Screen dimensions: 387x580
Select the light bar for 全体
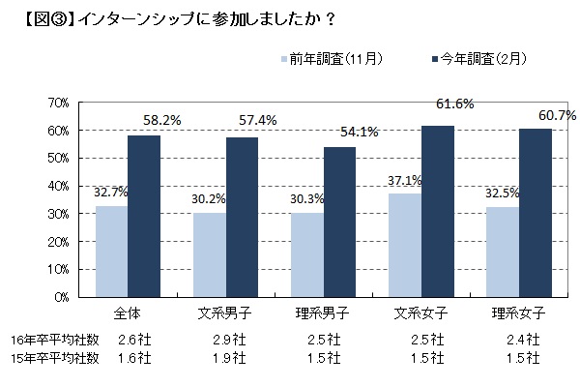pos(111,252)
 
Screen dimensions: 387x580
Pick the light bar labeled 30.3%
pos(306,254)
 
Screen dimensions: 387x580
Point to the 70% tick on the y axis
pos(56,103)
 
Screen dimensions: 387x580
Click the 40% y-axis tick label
pos(56,186)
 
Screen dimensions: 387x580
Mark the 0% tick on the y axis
pos(59,297)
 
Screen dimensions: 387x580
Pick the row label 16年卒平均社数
pos(54,340)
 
